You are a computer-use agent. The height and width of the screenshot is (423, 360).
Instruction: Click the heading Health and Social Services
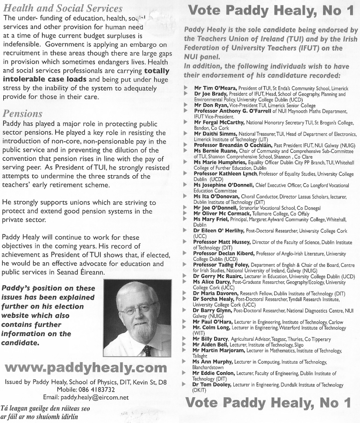tap(63, 8)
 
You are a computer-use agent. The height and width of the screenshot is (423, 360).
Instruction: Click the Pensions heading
tap(22, 114)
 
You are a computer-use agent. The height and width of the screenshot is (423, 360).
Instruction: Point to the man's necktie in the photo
tap(147, 350)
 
